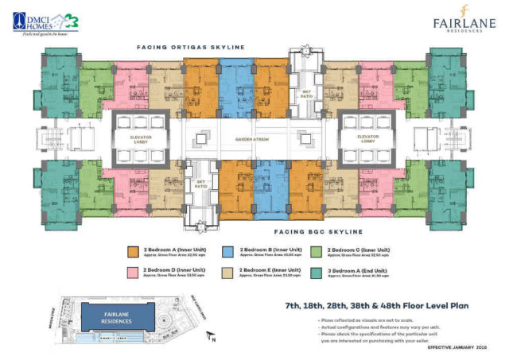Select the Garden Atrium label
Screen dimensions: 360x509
(x=254, y=139)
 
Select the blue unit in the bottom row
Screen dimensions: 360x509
(x=271, y=187)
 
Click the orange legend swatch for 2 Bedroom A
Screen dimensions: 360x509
(x=133, y=252)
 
